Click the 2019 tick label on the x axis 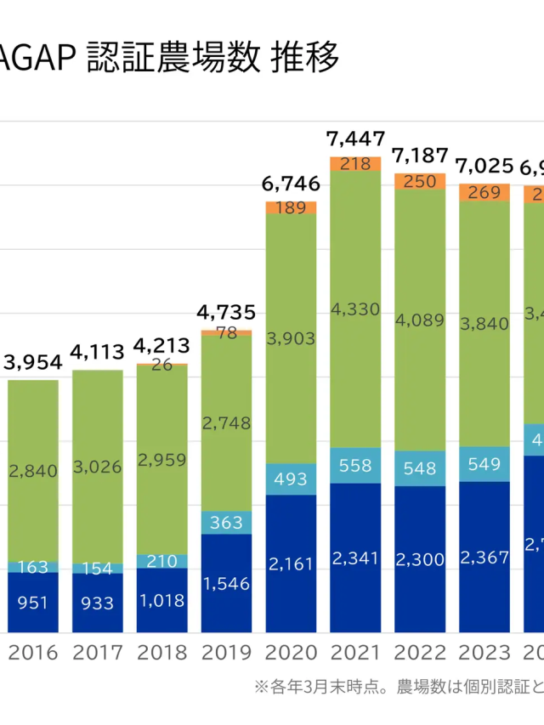pos(226,653)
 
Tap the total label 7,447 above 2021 pos(355,139)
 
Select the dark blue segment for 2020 pos(291,563)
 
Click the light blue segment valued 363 pos(226,523)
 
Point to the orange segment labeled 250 pos(420,181)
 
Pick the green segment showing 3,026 pos(97,466)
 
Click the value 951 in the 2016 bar pos(33,603)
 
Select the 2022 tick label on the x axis pos(420,653)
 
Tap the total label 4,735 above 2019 pos(226,312)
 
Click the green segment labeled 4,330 pos(355,309)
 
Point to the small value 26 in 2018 pos(161,365)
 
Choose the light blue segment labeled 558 pos(355,465)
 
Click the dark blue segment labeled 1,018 pos(161,600)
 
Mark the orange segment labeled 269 pos(484,192)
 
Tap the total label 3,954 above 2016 pos(33,362)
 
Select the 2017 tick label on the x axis pos(97,653)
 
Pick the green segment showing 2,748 pos(226,422)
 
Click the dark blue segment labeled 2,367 pos(484,557)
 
